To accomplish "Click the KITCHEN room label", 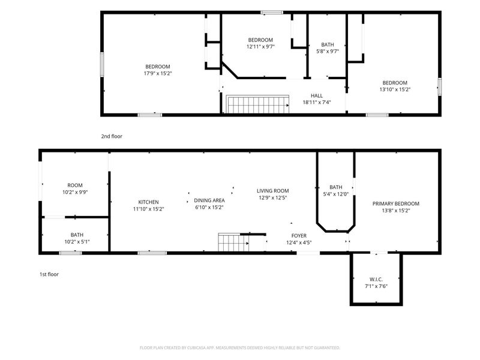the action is click(x=148, y=202).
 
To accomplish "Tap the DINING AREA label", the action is click(x=209, y=200).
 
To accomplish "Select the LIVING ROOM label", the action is click(x=273, y=191).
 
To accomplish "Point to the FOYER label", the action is click(x=299, y=236).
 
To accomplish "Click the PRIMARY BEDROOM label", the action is click(x=396, y=203).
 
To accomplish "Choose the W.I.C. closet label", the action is click(x=376, y=280).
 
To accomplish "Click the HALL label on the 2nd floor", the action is click(x=317, y=95).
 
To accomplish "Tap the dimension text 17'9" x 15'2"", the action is click(x=158, y=73).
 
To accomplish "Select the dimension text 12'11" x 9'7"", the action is click(x=260, y=47).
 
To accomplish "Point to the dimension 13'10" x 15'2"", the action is click(x=395, y=89).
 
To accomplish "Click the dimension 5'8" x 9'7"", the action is click(x=328, y=51).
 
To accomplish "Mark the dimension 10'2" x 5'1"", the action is click(x=77, y=242).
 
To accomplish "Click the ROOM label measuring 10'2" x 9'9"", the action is click(x=75, y=185).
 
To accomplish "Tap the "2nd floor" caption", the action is click(x=112, y=136).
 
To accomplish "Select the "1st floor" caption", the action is click(x=49, y=274).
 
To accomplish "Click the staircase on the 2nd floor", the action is click(x=257, y=104).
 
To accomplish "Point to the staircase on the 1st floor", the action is click(x=233, y=242).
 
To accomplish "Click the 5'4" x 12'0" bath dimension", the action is click(x=336, y=194).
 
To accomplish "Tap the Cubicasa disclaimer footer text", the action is click(x=239, y=348).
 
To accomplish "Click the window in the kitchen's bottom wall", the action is click(x=152, y=253).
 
